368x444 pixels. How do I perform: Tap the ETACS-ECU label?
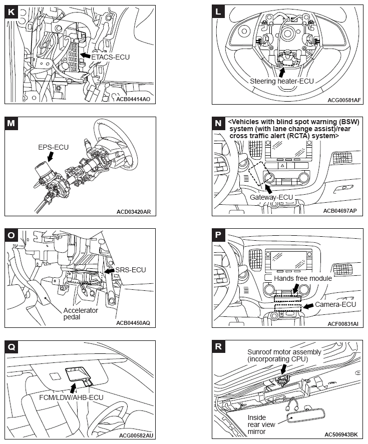pyautogui.click(x=110, y=58)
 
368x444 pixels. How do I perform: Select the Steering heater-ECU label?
pyautogui.click(x=285, y=80)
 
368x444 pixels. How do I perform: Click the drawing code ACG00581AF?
pyautogui.click(x=344, y=100)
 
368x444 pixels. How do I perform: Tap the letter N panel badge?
pyautogui.click(x=219, y=123)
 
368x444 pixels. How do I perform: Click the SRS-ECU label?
pyautogui.click(x=130, y=270)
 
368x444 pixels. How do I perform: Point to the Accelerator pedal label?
pyautogui.click(x=80, y=314)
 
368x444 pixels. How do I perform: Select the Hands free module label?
pyautogui.click(x=303, y=278)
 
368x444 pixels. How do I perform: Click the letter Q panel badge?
pyautogui.click(x=11, y=346)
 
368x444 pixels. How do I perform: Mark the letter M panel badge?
pyautogui.click(x=11, y=123)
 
